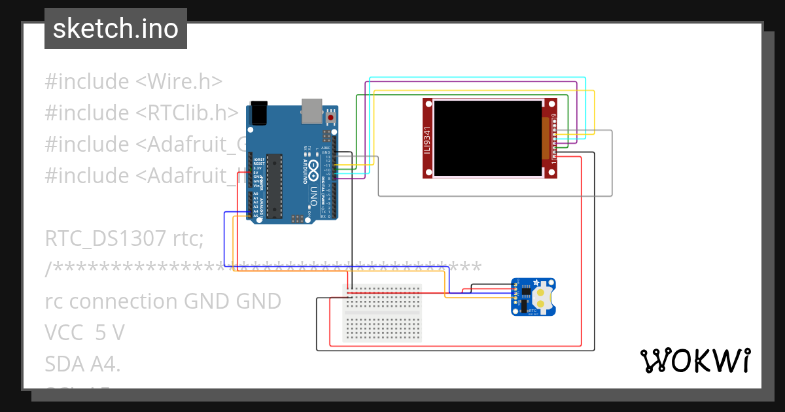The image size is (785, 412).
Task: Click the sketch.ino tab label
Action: pos(116,29)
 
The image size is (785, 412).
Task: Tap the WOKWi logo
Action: pos(694,360)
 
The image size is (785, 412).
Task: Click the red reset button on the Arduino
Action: pos(331,117)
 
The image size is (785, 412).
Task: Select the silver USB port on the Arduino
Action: pos(312,111)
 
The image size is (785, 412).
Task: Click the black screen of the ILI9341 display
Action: pos(488,138)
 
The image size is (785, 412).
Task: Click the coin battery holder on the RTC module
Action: pos(546,298)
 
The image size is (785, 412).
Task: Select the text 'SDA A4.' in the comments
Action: pos(82,364)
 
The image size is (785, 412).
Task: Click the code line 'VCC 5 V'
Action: pos(84,333)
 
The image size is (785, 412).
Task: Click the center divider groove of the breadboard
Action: pos(383,313)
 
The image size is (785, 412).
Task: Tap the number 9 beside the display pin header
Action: pos(554,116)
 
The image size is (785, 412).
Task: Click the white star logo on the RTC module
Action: pos(537,283)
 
